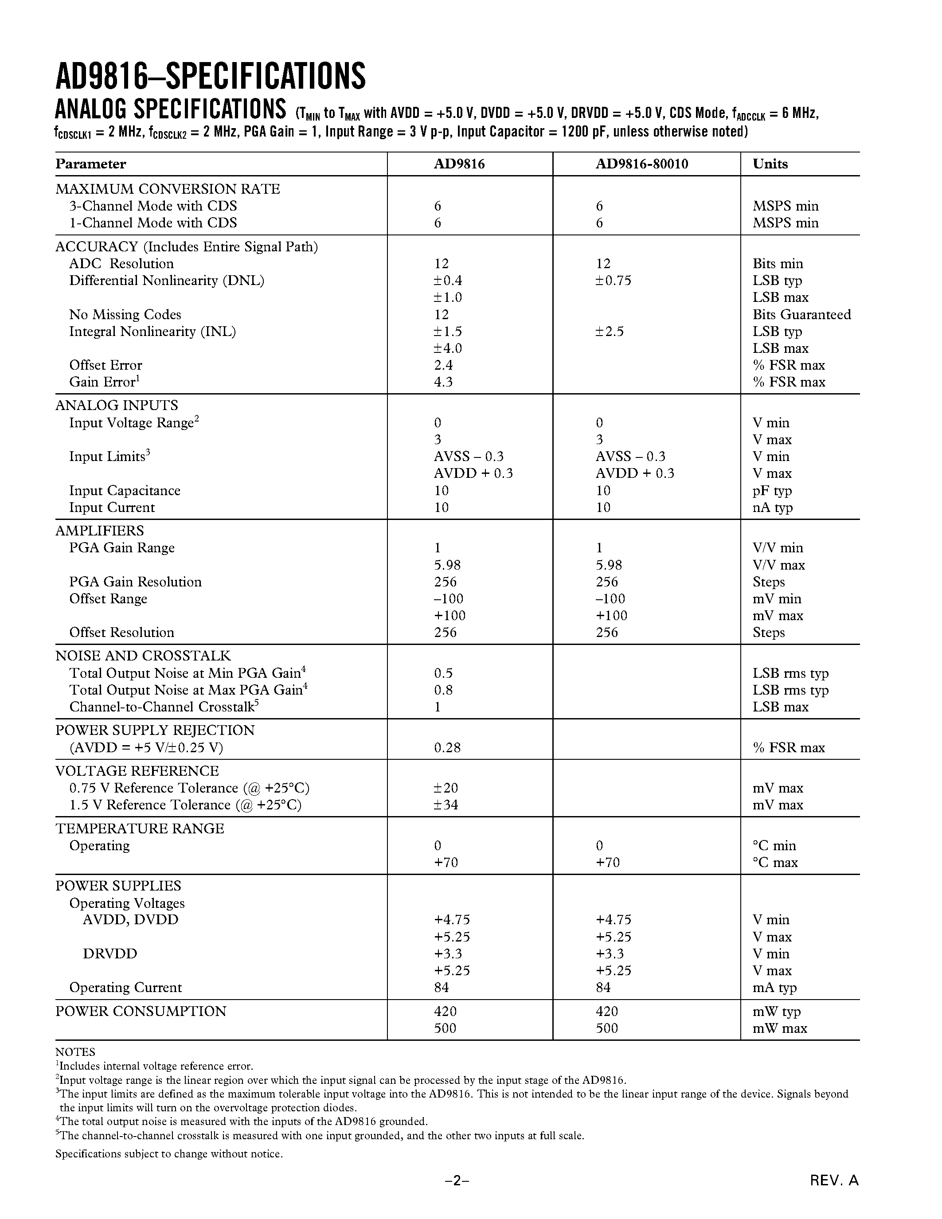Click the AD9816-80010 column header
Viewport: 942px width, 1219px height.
pos(642,164)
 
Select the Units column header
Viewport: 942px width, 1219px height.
pos(770,164)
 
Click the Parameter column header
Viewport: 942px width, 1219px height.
pos(90,164)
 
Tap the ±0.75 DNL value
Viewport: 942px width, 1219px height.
pos(614,280)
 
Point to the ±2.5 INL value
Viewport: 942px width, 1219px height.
pos(610,331)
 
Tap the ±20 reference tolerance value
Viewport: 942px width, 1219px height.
pos(446,788)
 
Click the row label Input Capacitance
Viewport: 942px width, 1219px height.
pos(125,490)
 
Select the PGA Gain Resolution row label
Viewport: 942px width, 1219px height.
pos(135,582)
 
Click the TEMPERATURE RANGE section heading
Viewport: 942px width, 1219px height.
pos(140,828)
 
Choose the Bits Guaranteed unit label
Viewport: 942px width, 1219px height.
pos(801,314)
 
